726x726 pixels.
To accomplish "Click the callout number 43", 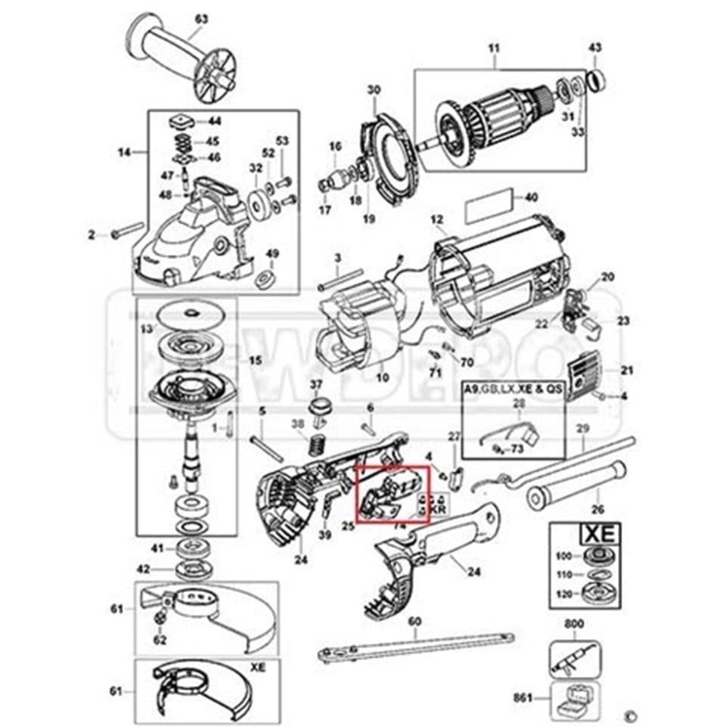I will [595, 48].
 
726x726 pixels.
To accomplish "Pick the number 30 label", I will [374, 90].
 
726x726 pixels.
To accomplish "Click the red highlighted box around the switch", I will [393, 495].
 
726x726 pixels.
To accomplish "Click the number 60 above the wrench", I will [414, 622].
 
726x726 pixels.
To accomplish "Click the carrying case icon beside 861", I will [575, 697].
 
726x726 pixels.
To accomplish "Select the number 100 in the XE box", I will [563, 557].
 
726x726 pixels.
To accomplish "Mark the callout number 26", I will [597, 508].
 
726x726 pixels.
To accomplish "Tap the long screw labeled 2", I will [129, 230].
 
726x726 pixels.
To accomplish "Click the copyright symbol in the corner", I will [628, 714].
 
